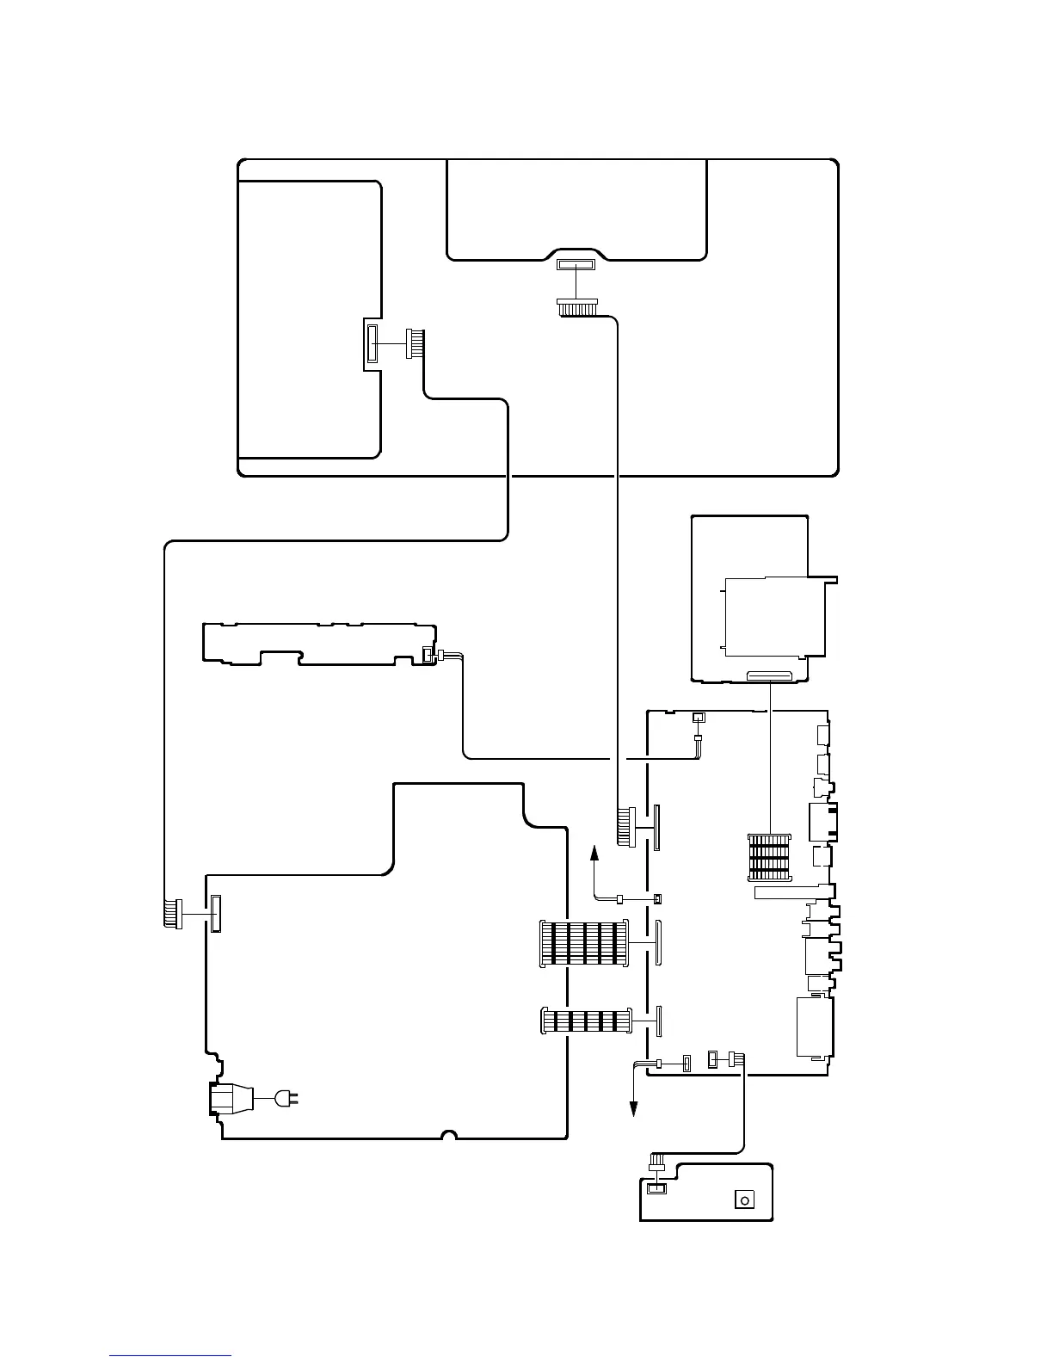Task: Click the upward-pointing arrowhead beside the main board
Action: [594, 853]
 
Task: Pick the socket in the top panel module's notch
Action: [576, 266]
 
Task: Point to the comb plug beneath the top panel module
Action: [576, 308]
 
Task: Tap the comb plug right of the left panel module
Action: [416, 344]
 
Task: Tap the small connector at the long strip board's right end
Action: [427, 657]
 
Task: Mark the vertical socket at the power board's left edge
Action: [214, 912]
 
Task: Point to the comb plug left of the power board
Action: [170, 913]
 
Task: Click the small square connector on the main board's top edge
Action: [699, 718]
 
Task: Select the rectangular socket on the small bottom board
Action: [656, 1188]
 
